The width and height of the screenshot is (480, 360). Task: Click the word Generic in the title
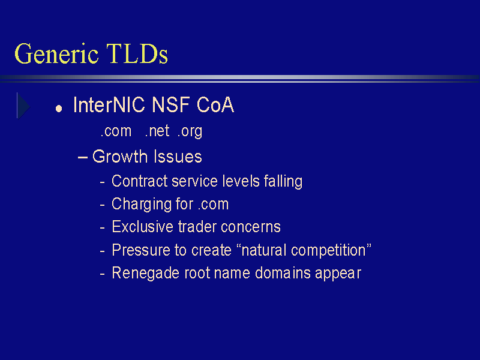pos(56,54)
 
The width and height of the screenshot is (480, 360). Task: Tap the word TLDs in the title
pos(137,53)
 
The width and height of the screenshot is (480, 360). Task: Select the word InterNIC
pos(109,104)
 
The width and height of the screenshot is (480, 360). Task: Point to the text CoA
pos(215,104)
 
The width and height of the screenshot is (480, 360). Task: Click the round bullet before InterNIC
pos(59,109)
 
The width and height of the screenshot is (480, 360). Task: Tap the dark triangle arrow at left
pos(23,106)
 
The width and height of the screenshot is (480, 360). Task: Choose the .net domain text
pos(157,131)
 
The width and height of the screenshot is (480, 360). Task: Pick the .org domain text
pos(190,131)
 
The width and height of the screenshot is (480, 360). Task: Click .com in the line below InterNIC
pos(116,131)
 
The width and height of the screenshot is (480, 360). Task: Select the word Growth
pos(119,157)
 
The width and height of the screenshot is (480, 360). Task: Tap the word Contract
pos(139,181)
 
